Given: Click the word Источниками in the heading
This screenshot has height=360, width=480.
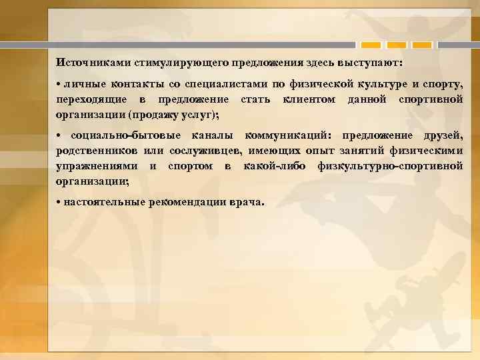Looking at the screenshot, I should point(94,62).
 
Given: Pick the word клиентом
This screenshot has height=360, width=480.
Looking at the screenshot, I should point(311,99).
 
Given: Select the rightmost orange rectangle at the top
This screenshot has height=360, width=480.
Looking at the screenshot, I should point(422,45).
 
